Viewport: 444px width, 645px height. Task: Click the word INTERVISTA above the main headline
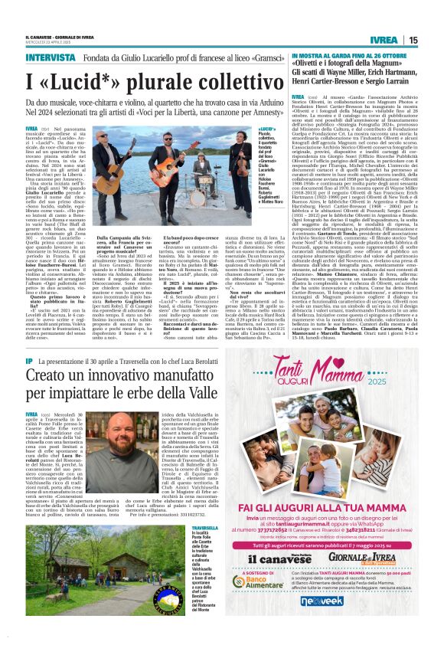click(x=48, y=57)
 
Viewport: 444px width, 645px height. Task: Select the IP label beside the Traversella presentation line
click(x=29, y=360)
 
